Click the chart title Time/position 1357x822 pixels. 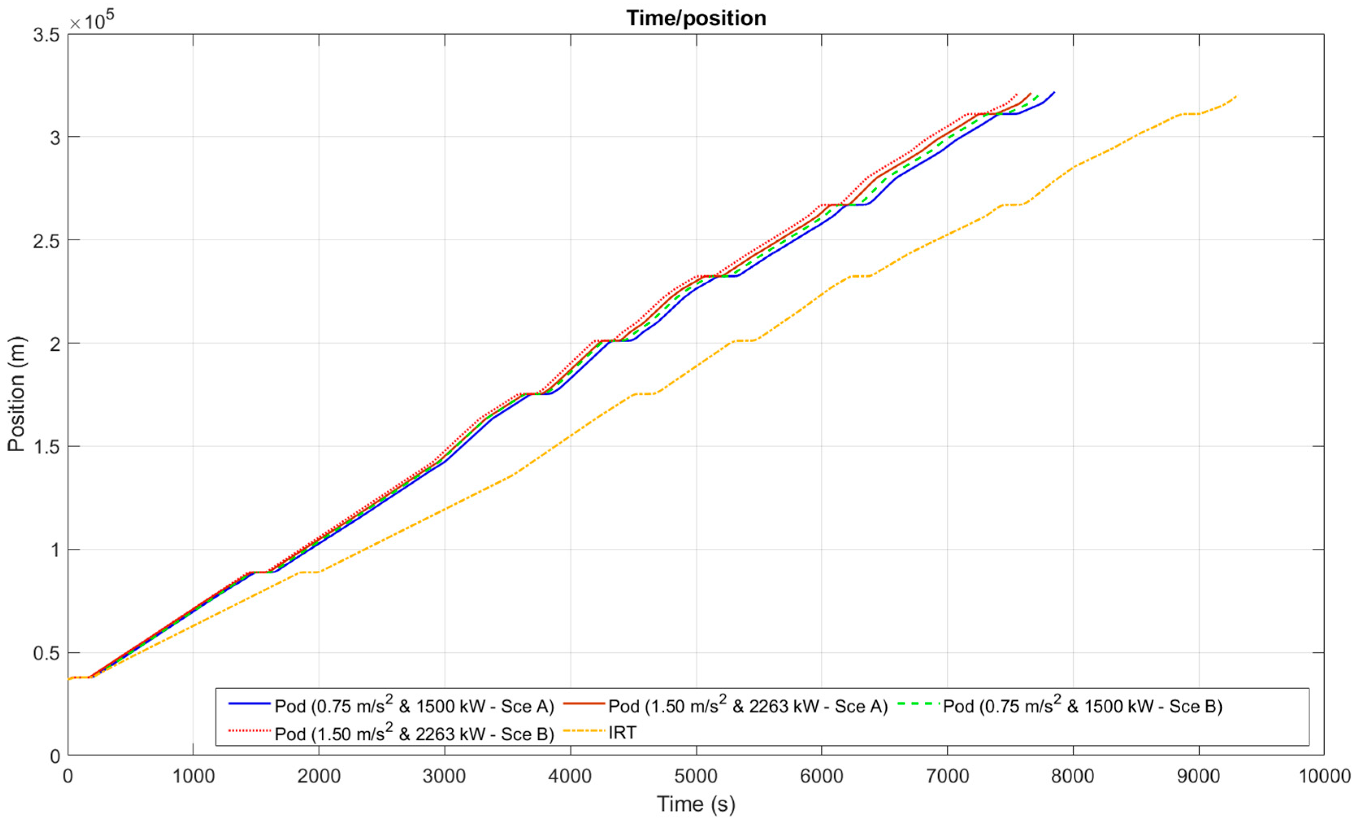[696, 19]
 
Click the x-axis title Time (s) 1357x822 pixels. [696, 804]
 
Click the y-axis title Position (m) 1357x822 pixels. [17, 394]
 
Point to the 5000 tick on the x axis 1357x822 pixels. [696, 776]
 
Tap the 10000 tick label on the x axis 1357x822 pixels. [1324, 776]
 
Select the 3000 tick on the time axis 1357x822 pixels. [444, 776]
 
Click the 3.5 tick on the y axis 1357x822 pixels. [46, 35]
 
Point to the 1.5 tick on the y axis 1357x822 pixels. [46, 447]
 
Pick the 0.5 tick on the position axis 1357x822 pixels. [46, 653]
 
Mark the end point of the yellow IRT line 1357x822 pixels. [1236, 96]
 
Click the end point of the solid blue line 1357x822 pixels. [1054, 92]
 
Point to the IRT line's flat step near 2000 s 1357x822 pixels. [310, 572]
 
